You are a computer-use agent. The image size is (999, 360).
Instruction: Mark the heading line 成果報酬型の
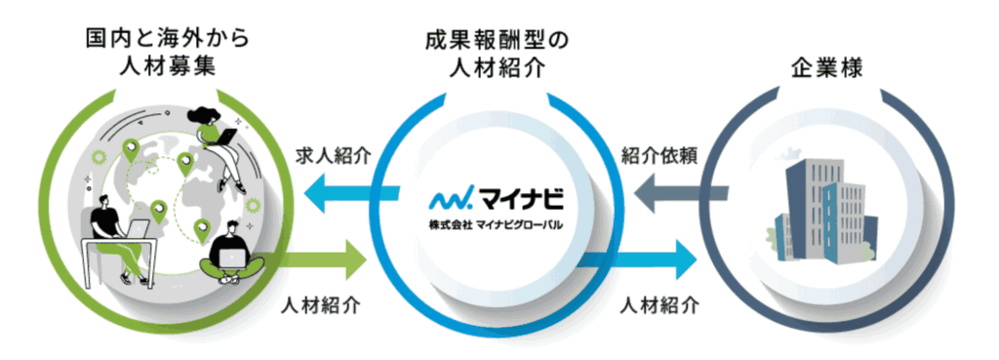click(x=498, y=40)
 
